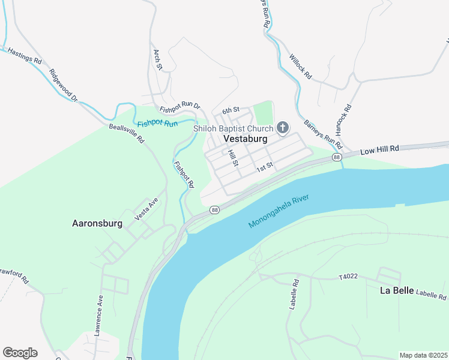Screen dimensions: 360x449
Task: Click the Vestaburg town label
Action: tap(245, 138)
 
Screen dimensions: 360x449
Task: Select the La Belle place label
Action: tap(397, 290)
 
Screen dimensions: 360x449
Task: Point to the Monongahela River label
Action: tap(282, 211)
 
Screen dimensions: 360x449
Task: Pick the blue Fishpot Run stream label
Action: tap(157, 124)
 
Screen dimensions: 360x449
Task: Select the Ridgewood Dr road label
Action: tap(64, 86)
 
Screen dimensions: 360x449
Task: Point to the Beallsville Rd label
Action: tap(127, 133)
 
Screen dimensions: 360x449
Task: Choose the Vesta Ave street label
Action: tap(146, 209)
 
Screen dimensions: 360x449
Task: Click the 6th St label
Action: tap(231, 110)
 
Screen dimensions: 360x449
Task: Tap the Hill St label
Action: tap(234, 158)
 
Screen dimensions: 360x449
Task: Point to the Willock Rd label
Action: tap(301, 67)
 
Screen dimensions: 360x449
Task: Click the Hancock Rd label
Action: tap(343, 121)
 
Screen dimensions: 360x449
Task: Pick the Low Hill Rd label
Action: tap(379, 149)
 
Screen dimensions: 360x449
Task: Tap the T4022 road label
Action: tap(348, 277)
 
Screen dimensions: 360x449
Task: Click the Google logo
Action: tap(20, 353)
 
